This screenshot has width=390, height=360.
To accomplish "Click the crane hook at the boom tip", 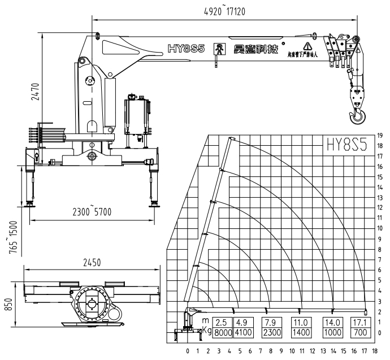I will (x=357, y=118).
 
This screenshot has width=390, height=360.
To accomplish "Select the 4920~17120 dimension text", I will (x=224, y=10).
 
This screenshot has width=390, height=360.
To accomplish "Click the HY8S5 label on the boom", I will (x=186, y=49).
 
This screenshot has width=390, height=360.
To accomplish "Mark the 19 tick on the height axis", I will (x=381, y=136).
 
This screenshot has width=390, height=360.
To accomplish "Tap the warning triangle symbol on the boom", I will (x=307, y=45).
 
